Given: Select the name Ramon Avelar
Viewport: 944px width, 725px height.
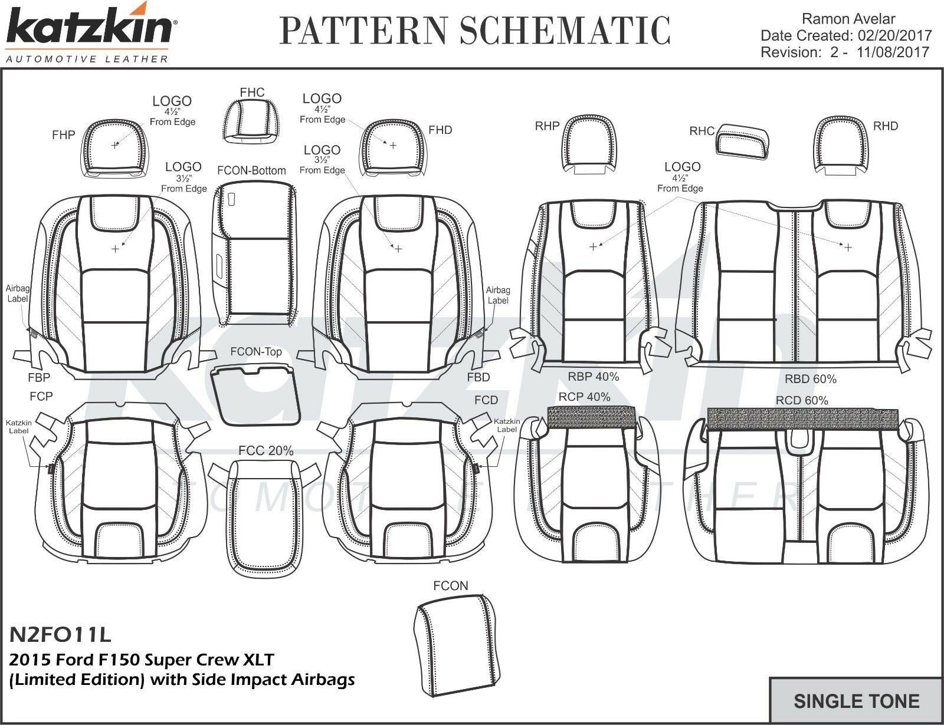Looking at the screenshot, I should pyautogui.click(x=850, y=19).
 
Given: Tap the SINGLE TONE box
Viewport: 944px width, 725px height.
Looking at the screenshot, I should pyautogui.click(x=856, y=701).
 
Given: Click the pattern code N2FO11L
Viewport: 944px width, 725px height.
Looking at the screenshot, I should pyautogui.click(x=60, y=634).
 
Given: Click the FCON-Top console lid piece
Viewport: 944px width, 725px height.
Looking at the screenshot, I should pyautogui.click(x=255, y=394).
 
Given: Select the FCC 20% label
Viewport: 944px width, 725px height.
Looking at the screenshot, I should pyautogui.click(x=265, y=451).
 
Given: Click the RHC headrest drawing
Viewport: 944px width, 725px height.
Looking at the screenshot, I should pyautogui.click(x=742, y=142).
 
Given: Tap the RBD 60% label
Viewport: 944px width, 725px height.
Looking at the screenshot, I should pyautogui.click(x=810, y=379).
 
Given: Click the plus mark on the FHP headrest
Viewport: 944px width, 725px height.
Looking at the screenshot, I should pyautogui.click(x=115, y=145).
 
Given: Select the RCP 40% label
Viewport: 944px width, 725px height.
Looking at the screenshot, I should pyautogui.click(x=584, y=397).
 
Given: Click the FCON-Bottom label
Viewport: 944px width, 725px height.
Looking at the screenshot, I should pyautogui.click(x=251, y=171).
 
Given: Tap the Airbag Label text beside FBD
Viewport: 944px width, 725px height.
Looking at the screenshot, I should pyautogui.click(x=498, y=295).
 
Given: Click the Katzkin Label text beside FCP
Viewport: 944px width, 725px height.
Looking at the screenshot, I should pyautogui.click(x=19, y=426).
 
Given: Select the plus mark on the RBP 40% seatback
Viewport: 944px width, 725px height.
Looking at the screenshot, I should pyautogui.click(x=593, y=247).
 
